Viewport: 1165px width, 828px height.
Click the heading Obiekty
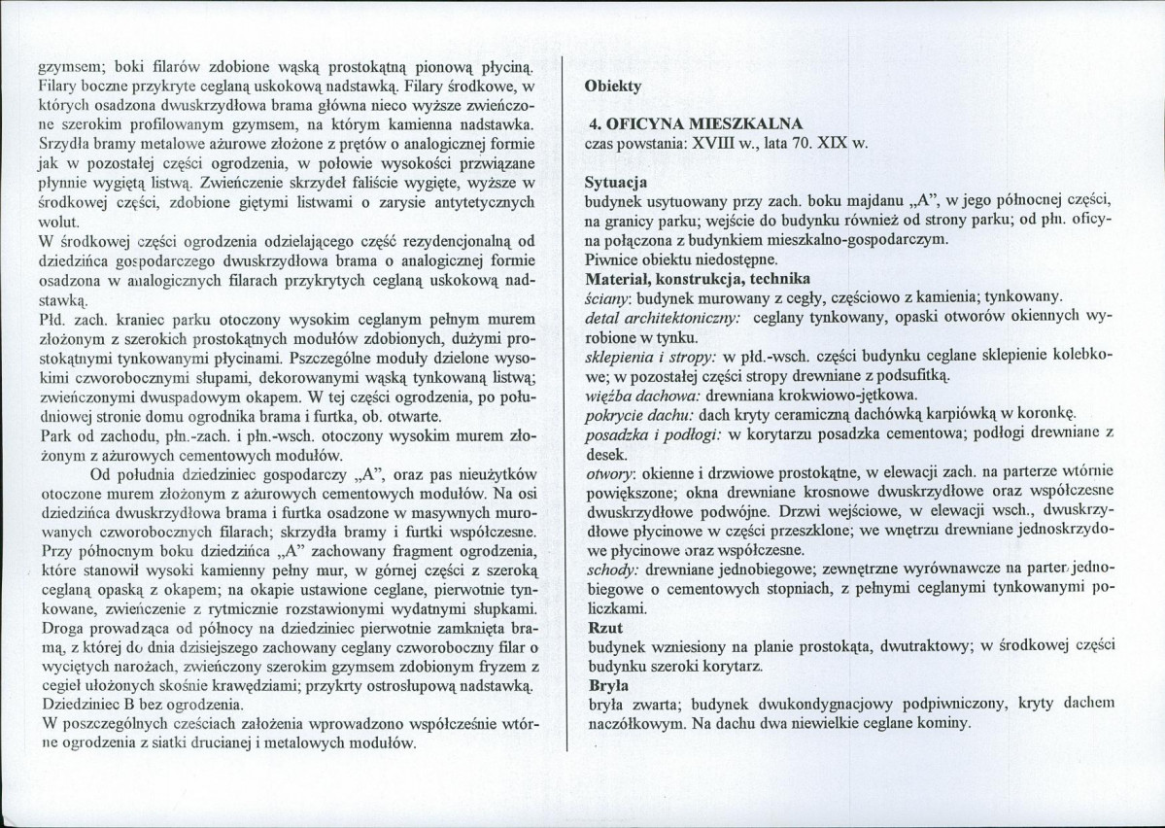click(x=614, y=86)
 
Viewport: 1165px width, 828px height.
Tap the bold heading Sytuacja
click(x=616, y=182)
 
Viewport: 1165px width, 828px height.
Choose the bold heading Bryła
click(x=607, y=686)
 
